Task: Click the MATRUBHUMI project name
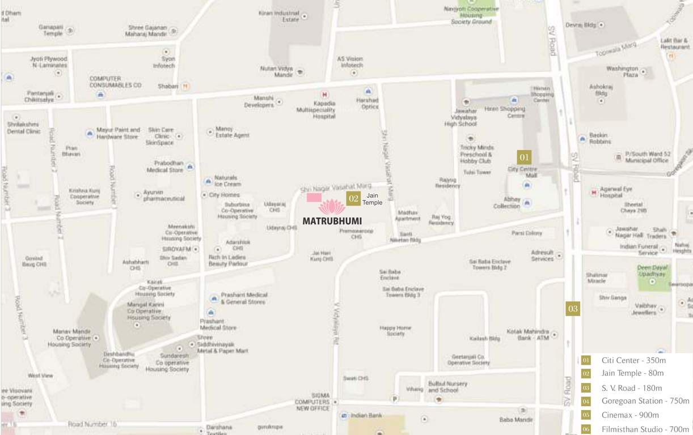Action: pos(332,220)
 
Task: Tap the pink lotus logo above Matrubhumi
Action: pos(332,207)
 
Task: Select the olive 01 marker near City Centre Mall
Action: pos(524,157)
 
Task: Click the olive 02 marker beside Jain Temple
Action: pos(353,198)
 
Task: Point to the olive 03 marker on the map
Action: pos(573,309)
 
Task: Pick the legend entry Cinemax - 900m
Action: pos(630,415)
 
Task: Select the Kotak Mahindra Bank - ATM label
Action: pos(527,334)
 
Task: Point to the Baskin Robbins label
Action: pos(600,138)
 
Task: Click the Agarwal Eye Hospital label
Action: pos(615,191)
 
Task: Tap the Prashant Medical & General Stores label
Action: pos(244,298)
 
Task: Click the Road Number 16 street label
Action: pos(92,424)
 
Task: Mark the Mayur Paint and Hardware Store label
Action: pos(118,133)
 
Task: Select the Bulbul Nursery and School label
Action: pos(447,386)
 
